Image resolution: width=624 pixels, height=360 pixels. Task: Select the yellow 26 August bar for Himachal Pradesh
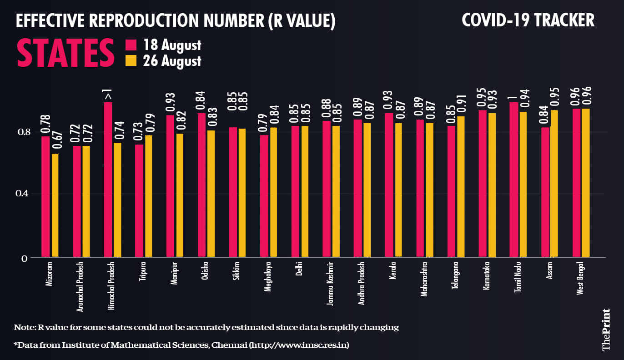117,200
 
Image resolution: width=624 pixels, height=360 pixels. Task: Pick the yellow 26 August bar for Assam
554,184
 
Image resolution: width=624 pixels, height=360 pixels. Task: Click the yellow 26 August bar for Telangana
460,187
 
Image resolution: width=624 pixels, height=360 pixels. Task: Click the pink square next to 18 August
131,45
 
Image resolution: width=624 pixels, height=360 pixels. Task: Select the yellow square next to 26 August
131,60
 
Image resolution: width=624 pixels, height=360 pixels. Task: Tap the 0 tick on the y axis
26,258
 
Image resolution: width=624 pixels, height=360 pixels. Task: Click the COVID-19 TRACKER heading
528,20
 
